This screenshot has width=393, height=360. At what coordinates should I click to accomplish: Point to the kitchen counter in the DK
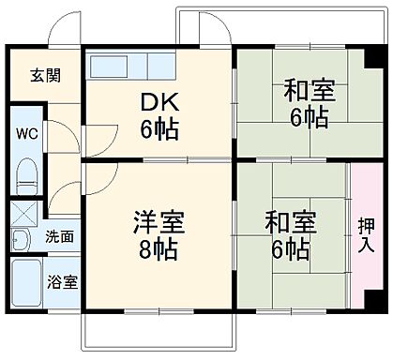click(x=132, y=67)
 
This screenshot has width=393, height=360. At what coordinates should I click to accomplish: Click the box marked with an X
click(x=25, y=213)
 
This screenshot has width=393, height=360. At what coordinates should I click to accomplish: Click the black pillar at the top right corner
click(x=370, y=53)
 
